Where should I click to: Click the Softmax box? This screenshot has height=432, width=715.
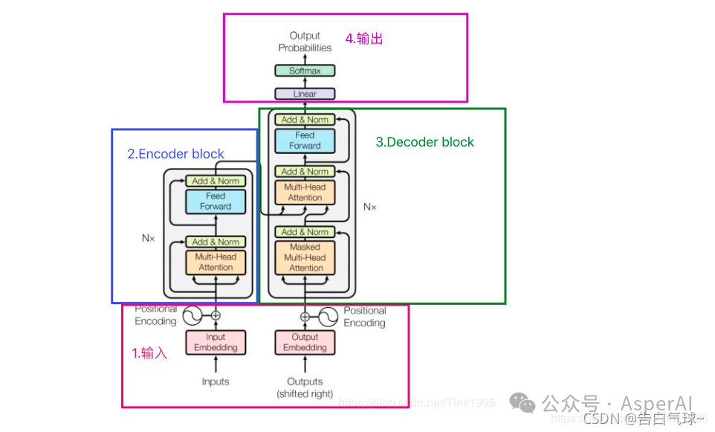tap(305, 71)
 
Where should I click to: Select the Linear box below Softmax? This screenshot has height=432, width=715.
tap(305, 94)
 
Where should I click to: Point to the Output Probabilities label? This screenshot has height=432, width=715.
tap(305, 42)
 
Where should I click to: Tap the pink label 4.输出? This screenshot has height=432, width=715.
tap(364, 39)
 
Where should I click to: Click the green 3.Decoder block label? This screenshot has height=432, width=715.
tap(424, 142)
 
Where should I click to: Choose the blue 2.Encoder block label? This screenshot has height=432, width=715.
tap(176, 155)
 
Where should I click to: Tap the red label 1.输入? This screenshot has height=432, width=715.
tap(149, 354)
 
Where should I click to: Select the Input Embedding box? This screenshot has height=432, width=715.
tap(216, 343)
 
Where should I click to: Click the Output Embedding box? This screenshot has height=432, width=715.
tap(305, 343)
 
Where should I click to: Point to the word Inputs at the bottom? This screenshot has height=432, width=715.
tap(216, 382)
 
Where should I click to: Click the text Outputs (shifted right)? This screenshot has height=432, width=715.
tap(305, 387)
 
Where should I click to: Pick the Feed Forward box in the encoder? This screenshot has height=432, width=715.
tap(216, 202)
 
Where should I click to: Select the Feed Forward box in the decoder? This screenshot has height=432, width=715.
tap(305, 141)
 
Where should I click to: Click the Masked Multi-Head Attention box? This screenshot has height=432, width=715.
tap(305, 257)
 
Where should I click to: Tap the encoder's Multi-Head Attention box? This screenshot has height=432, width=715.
tap(216, 262)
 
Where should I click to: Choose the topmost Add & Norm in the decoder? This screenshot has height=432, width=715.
tap(305, 120)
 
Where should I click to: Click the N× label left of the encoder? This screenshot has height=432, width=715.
tap(148, 239)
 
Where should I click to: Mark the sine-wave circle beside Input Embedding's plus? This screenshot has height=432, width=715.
tap(192, 316)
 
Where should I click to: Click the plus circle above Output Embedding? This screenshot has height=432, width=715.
tap(305, 316)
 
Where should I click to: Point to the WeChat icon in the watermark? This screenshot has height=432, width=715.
tap(522, 403)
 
